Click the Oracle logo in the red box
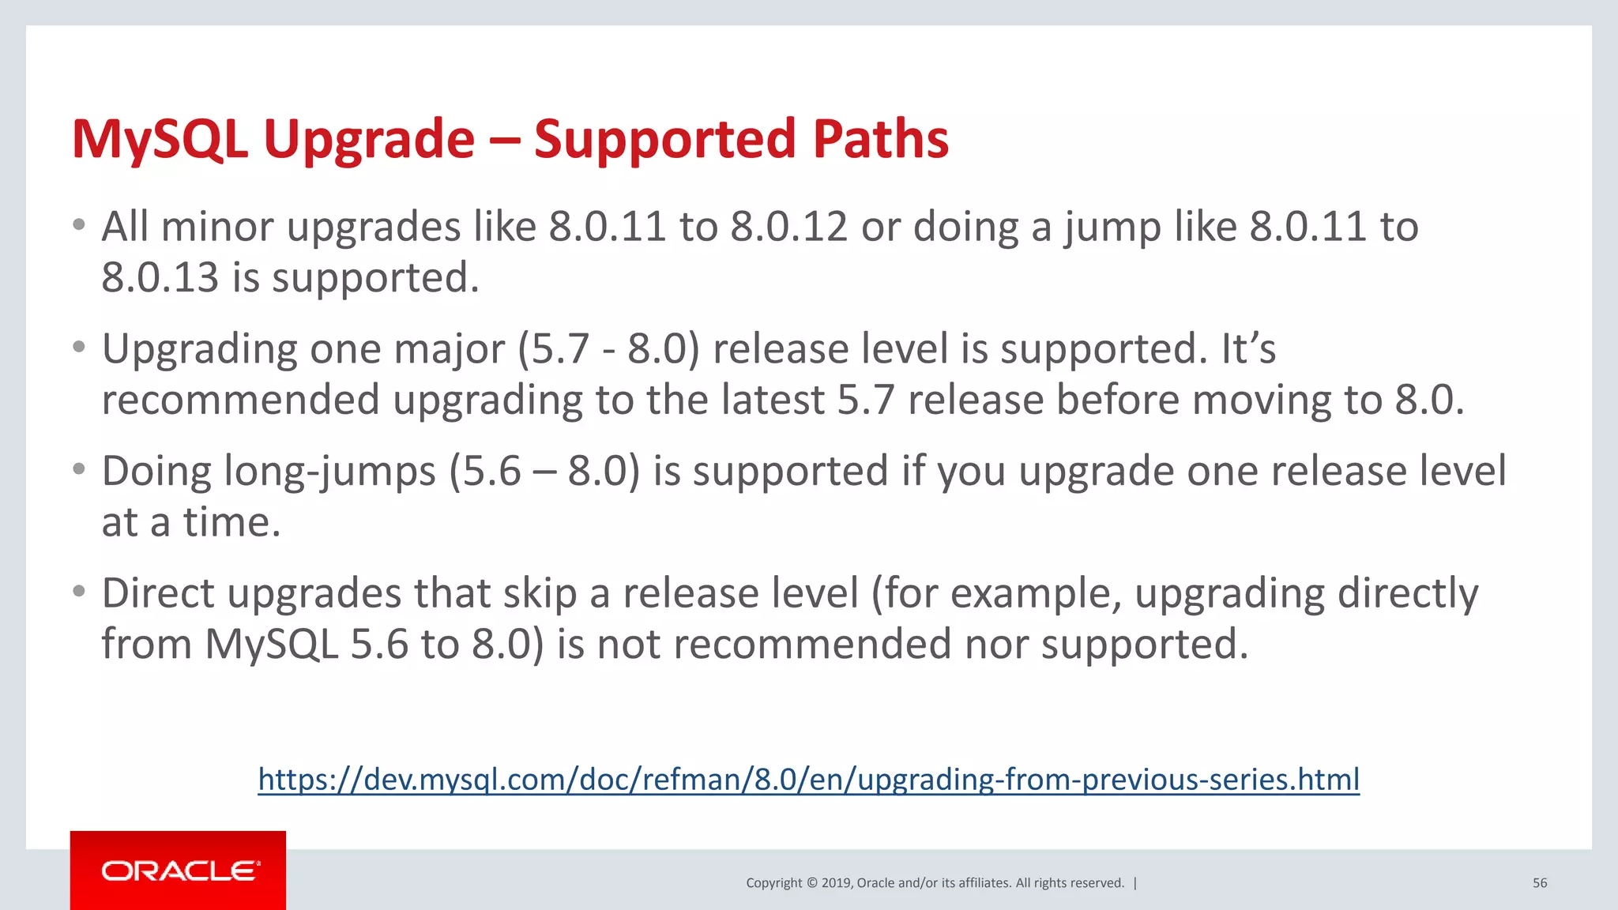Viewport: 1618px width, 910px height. (x=180, y=871)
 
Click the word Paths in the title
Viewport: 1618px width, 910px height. (x=880, y=139)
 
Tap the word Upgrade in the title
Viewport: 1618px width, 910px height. (x=369, y=141)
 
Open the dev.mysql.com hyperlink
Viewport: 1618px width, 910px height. (x=808, y=779)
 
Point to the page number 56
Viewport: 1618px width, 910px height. (x=1539, y=883)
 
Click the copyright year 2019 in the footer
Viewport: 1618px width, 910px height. (x=837, y=883)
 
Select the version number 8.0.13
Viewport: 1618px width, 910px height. (x=160, y=278)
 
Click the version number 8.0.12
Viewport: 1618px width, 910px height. (x=788, y=227)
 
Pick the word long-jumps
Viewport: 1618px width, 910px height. (x=329, y=472)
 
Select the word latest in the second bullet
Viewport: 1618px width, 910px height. (x=773, y=400)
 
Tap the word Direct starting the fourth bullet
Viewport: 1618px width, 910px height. (x=158, y=593)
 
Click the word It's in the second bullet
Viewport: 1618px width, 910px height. (x=1247, y=349)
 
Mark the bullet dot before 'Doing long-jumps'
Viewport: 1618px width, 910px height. (x=78, y=469)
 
